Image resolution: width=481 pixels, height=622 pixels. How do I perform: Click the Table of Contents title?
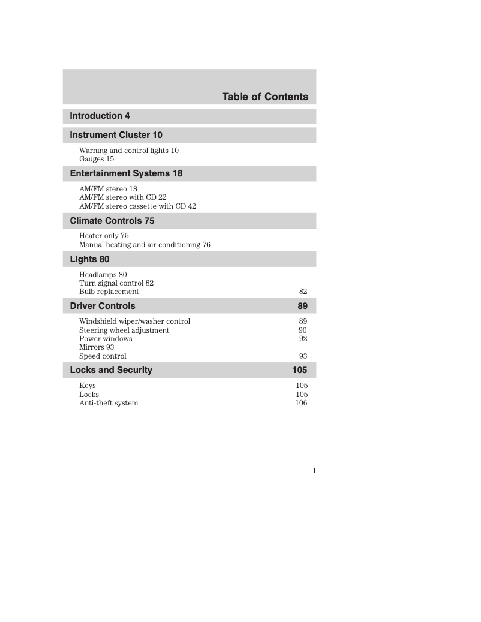[x=265, y=97]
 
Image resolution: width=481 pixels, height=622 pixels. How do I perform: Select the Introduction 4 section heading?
[x=100, y=116]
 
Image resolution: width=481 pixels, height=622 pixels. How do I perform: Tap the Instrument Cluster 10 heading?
[x=116, y=135]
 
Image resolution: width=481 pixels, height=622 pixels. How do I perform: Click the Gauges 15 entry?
[x=97, y=159]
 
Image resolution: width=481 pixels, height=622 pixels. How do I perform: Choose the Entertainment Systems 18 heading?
[x=126, y=173]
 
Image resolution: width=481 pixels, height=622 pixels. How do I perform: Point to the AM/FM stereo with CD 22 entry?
[x=123, y=197]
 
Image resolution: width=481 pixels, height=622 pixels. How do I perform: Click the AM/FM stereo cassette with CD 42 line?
[x=137, y=206]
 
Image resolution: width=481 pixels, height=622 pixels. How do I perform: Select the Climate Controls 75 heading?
[x=112, y=221]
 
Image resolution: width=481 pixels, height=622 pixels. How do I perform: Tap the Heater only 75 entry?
[x=104, y=236]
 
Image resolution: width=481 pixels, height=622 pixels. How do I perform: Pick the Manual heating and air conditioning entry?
[x=145, y=245]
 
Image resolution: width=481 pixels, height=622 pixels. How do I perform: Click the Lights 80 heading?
[x=89, y=259]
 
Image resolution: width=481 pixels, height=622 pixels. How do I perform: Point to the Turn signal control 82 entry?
[x=116, y=283]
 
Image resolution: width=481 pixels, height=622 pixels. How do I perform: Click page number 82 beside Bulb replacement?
[x=303, y=292]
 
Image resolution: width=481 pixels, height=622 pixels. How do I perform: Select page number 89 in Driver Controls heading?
[x=302, y=306]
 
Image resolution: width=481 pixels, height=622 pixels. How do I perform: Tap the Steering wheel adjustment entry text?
[x=124, y=330]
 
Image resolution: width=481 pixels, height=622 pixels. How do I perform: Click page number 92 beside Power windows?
[x=303, y=339]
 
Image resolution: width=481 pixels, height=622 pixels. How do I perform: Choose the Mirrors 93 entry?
[x=97, y=347]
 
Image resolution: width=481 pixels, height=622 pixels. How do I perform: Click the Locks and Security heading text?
[x=111, y=370]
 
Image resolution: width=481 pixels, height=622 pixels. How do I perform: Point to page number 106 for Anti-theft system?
[x=301, y=403]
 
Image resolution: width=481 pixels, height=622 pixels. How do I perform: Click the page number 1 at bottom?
[x=314, y=471]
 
